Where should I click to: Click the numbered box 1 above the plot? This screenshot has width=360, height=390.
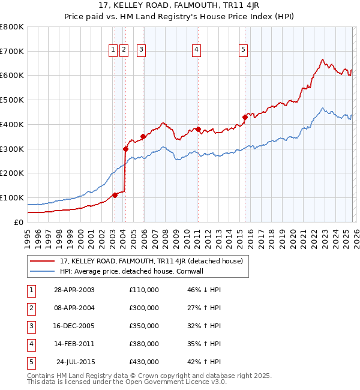point(113,50)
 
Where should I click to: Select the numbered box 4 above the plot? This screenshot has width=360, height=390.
point(197,50)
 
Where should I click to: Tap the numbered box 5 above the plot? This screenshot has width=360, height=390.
point(244,50)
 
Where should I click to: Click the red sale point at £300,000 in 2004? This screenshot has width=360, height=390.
point(125,149)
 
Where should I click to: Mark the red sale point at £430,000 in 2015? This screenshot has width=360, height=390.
point(245,117)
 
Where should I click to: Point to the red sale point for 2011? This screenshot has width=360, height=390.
point(198,129)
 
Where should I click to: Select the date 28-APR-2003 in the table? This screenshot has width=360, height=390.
point(74,290)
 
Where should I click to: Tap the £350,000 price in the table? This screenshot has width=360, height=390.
point(144,326)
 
